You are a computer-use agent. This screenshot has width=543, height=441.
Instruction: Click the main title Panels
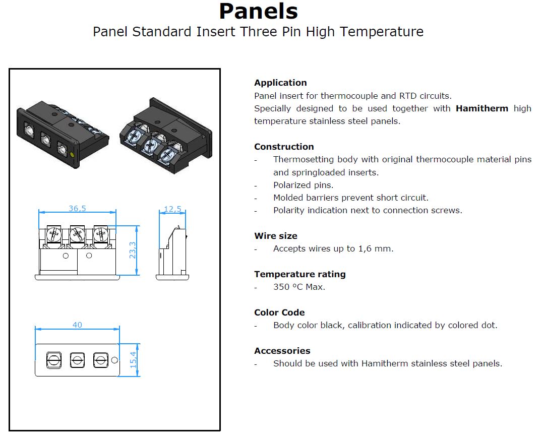tap(258, 11)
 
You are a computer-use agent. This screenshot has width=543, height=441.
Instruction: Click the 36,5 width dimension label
tap(77, 208)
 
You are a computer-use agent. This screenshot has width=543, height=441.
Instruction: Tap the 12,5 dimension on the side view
tap(172, 209)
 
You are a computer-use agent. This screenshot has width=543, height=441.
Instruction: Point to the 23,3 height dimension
tap(133, 250)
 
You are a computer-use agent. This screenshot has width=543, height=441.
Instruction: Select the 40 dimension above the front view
tap(77, 325)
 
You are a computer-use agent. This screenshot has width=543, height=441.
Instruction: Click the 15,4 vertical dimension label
tap(133, 360)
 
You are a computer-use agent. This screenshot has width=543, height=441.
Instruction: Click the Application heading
tap(280, 83)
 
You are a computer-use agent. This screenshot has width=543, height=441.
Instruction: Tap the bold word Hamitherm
tap(481, 108)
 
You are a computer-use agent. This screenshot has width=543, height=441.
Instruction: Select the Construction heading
tap(284, 147)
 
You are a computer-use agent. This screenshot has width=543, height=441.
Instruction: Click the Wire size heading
tap(276, 236)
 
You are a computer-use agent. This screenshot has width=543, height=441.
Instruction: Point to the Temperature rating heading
tap(300, 275)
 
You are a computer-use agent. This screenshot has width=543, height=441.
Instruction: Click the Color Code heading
tap(279, 312)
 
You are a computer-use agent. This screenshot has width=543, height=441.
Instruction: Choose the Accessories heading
tap(282, 351)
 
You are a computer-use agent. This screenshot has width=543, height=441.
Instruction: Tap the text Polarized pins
tap(304, 185)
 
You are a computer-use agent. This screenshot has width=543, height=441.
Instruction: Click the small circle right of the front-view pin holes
tap(114, 360)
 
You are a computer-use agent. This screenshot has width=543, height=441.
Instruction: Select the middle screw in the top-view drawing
tap(77, 235)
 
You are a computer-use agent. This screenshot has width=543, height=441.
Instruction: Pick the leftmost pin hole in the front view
tap(54, 360)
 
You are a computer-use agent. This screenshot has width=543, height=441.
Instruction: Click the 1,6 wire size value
tap(363, 249)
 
